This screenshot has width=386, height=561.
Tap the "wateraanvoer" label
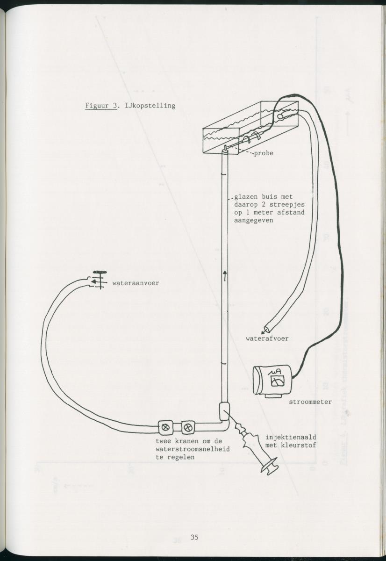pos(136,283)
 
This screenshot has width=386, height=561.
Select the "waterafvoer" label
pos(267,338)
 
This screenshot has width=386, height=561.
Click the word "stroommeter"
pos(310,402)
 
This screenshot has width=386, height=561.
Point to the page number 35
pos(194,537)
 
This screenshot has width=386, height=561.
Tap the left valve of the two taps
pos(165,426)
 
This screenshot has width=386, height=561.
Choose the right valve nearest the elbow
pos(187,426)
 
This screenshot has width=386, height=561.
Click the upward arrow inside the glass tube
pos(225,275)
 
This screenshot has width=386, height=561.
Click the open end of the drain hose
pos(267,329)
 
